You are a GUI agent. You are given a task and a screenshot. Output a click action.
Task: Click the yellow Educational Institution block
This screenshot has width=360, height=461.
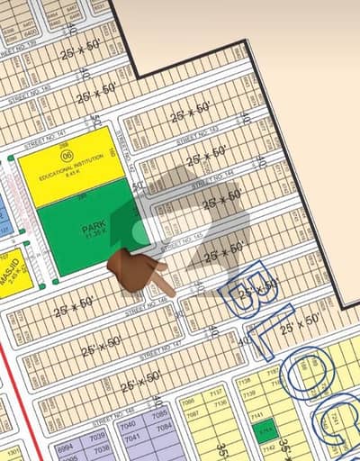tap(68, 162)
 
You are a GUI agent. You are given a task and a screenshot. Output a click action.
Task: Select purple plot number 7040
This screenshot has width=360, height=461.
tap(133, 432)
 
